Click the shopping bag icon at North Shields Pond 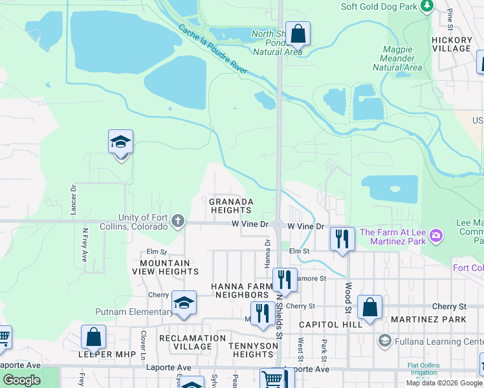click(298, 32)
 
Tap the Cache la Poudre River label click(213, 48)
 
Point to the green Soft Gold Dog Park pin click(426, 6)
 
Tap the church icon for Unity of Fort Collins click(179, 222)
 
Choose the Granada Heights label click(230, 206)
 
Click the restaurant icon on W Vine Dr click(342, 238)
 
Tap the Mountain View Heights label click(166, 268)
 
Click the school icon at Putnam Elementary click(184, 303)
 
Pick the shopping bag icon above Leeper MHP click(93, 337)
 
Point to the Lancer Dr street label click(73, 197)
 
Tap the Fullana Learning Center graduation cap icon click(384, 341)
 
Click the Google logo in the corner click(21, 380)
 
